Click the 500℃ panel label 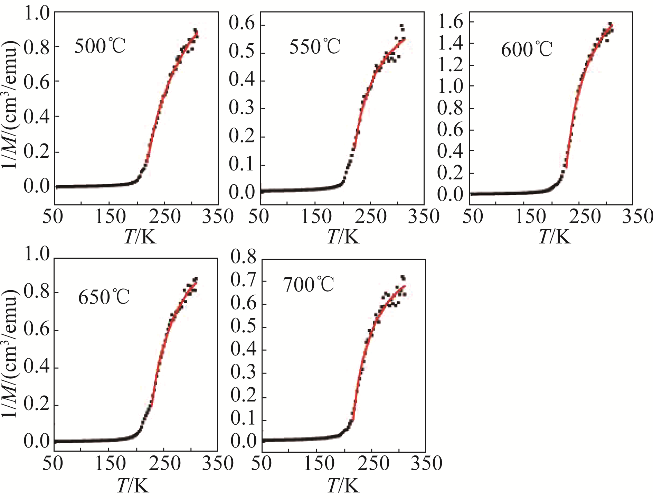(x=100, y=46)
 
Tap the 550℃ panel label (x=314, y=47)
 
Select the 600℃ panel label (x=526, y=50)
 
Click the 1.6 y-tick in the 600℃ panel (x=450, y=22)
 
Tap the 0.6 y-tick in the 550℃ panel (x=242, y=25)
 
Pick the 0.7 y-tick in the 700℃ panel (x=243, y=280)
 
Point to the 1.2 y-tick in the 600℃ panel (x=450, y=65)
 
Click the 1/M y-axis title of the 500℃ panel (x=10, y=104)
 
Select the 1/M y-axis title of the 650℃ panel (x=10, y=353)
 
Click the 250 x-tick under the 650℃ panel (x=165, y=463)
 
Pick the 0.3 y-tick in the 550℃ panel (x=242, y=108)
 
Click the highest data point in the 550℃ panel (x=401, y=25)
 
